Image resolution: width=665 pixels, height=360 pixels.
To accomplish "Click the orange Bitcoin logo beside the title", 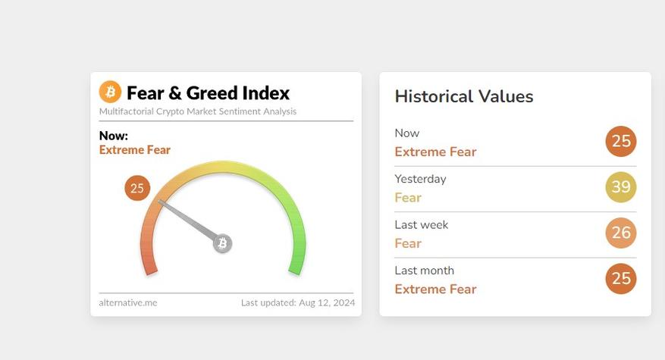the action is point(110,92).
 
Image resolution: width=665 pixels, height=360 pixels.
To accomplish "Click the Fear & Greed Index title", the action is point(208,93).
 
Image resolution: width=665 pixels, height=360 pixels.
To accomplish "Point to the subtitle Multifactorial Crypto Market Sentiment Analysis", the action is point(198,111).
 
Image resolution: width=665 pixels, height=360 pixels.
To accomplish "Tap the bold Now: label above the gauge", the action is point(114,136).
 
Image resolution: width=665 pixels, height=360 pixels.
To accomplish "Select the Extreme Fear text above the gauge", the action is point(135,149).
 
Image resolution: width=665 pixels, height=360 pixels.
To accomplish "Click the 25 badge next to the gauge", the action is point(137,188).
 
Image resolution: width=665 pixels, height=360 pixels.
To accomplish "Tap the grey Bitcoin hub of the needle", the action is point(223,243).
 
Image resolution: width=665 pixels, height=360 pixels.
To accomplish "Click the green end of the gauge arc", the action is point(296,269).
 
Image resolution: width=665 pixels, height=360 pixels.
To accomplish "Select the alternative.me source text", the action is point(128,302).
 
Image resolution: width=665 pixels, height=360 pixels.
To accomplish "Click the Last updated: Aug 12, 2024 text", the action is point(298,302).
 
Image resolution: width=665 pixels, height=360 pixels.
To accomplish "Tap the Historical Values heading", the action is point(464,96).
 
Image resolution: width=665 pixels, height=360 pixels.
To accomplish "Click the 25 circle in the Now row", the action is point(621,141).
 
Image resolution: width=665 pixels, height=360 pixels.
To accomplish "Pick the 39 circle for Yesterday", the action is point(621,187).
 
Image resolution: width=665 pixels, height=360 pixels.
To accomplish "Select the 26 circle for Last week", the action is point(621,233).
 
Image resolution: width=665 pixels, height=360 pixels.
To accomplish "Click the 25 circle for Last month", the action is point(621,279).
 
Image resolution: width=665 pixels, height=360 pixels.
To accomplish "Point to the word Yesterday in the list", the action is point(420,180).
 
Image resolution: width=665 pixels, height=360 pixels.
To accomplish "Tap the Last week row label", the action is point(421,225).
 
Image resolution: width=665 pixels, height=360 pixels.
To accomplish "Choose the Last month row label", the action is point(424,271).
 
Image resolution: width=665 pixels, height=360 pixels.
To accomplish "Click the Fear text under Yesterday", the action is point(408,198).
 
